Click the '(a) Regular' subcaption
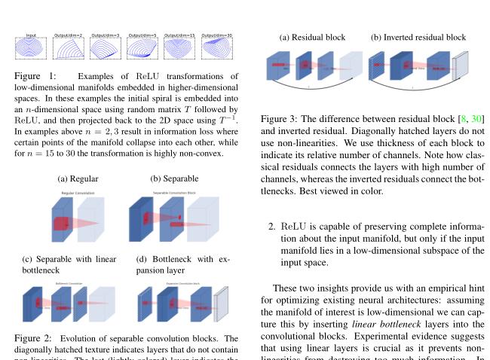pos(78,178)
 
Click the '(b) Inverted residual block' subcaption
pos(418,37)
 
